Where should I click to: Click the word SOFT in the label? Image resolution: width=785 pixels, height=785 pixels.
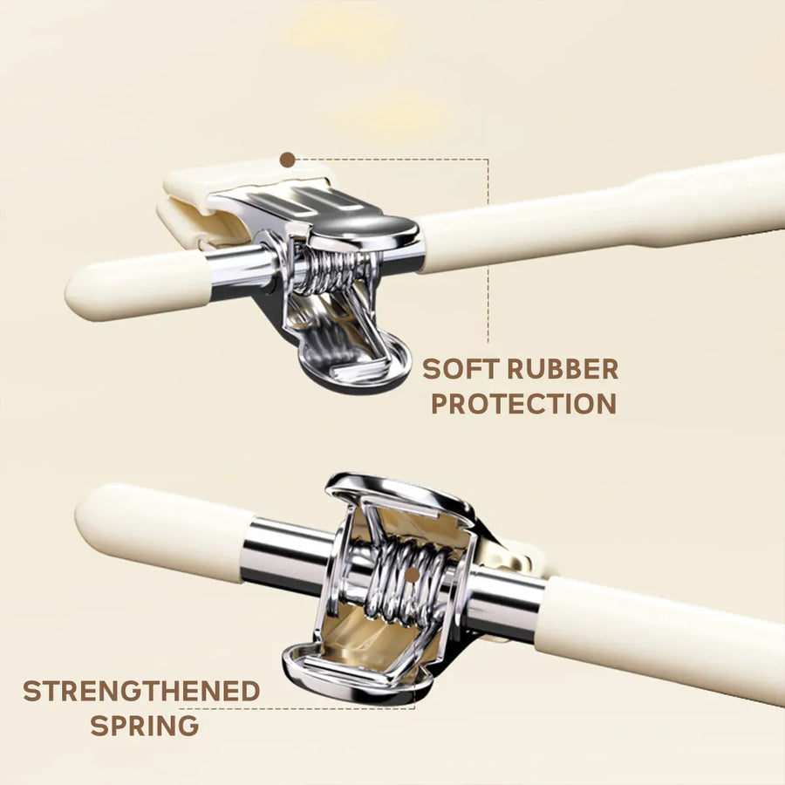click(460, 370)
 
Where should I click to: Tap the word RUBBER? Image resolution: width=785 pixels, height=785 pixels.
click(563, 370)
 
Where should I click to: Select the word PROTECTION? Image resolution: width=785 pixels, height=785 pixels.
click(523, 404)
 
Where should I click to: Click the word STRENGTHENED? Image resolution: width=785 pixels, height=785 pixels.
click(141, 691)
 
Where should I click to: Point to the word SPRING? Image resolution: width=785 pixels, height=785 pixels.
click(145, 725)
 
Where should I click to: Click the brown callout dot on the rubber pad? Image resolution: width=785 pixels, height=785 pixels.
click(287, 160)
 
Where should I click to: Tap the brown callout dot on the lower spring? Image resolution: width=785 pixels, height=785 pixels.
click(412, 575)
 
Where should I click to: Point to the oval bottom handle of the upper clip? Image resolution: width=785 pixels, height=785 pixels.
click(351, 365)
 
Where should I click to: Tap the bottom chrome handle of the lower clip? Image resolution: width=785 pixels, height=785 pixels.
click(358, 676)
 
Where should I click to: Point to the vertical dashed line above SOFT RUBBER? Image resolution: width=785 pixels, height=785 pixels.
click(488, 251)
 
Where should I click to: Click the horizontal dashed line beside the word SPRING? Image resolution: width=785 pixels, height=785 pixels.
click(297, 708)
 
